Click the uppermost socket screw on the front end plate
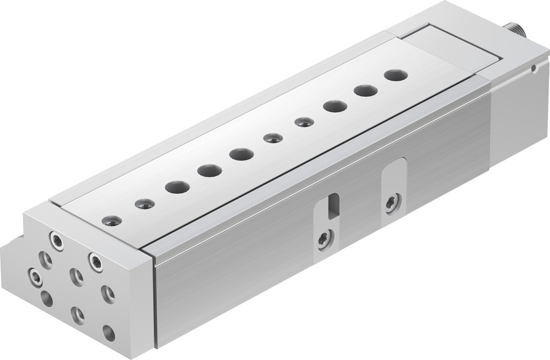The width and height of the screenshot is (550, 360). click(56, 241)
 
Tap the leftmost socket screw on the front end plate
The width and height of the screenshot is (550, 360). click(35, 277)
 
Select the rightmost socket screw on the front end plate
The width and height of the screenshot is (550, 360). click(96, 262)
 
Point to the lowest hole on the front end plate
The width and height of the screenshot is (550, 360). click(109, 333)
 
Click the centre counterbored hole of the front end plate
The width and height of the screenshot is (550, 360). click(77, 277)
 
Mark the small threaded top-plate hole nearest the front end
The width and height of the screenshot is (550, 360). click(112, 221)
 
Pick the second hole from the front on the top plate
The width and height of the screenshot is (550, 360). click(145, 204)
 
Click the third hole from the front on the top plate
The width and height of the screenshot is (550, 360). click(177, 187)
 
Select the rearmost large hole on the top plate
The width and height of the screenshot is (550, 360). click(396, 75)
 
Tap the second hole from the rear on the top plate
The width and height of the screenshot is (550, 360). click(366, 91)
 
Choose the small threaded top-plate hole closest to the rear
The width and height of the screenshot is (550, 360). click(304, 122)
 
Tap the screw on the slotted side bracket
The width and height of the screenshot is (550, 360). click(325, 239)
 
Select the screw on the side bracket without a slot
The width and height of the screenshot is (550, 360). click(392, 203)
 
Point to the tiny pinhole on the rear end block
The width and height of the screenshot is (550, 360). click(533, 69)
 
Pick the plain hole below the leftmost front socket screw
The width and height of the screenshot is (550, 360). click(47, 299)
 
